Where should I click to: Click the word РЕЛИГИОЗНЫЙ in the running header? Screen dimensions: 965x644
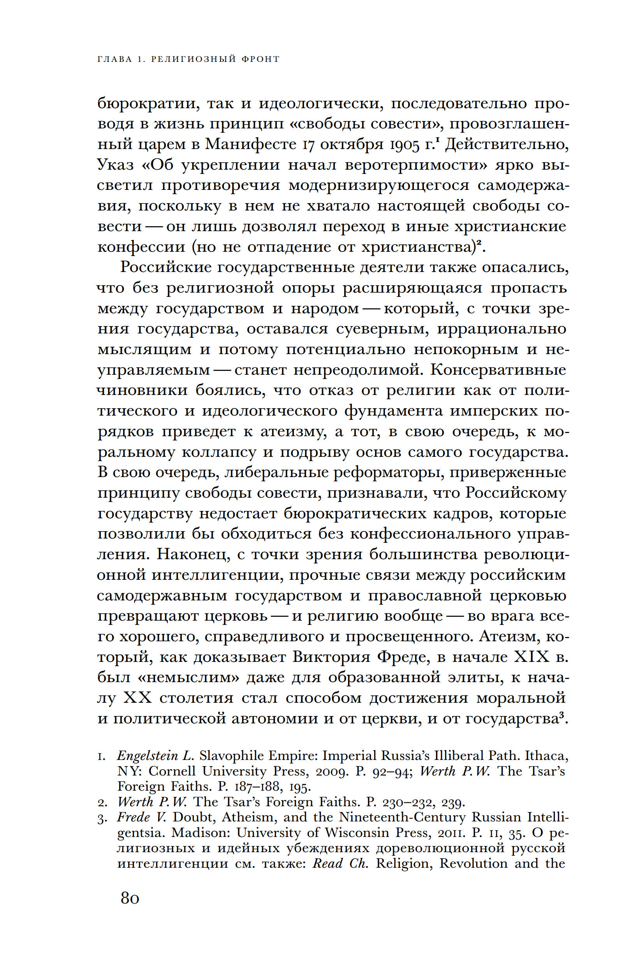[194, 59]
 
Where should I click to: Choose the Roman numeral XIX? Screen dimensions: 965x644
[531, 657]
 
